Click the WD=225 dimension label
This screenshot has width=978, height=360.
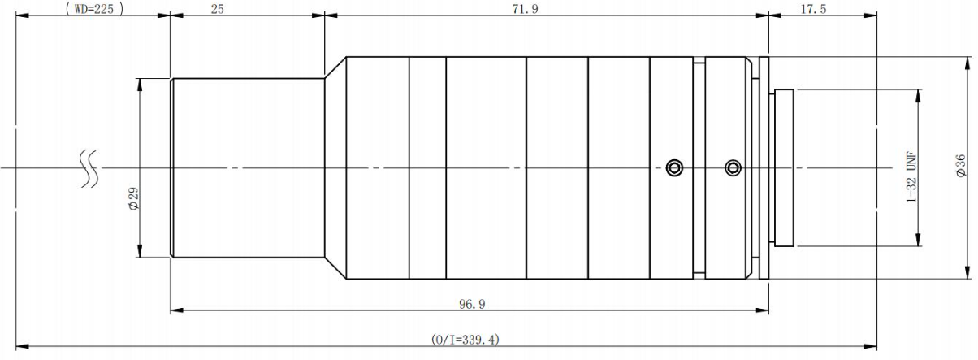click(94, 9)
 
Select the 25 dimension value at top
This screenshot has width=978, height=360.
click(217, 9)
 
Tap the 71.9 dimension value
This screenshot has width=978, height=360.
click(525, 9)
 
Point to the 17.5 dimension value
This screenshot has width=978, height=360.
click(813, 9)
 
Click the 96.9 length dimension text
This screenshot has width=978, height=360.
click(472, 304)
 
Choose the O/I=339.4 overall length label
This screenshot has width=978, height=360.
click(465, 340)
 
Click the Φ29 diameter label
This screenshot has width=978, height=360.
click(133, 199)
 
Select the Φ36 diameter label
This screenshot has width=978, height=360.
click(960, 166)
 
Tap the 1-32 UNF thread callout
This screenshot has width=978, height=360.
click(911, 177)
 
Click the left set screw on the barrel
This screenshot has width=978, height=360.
click(674, 167)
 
